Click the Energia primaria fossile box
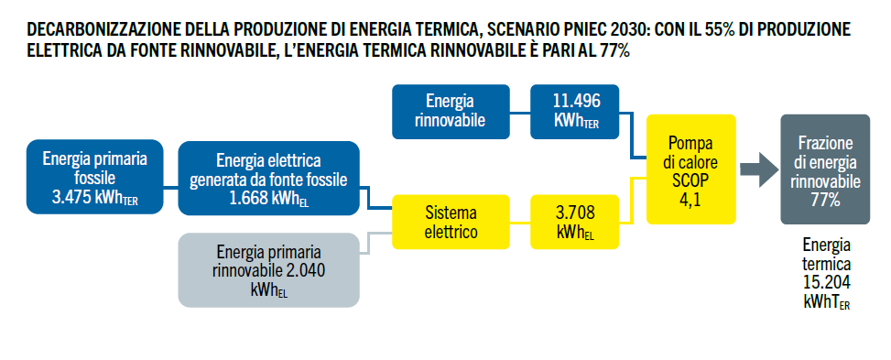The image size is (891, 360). (95, 177)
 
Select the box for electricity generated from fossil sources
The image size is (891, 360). (269, 178)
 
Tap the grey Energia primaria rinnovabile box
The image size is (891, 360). (269, 270)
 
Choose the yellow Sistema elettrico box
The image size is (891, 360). (451, 222)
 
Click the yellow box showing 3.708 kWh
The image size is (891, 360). (574, 222)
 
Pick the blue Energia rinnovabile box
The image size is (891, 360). (451, 112)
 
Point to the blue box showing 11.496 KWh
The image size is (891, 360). (574, 112)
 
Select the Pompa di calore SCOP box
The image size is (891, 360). (691, 169)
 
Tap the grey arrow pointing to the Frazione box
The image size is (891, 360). (759, 169)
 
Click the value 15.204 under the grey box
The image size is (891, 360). (827, 283)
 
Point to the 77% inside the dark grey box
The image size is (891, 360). (825, 201)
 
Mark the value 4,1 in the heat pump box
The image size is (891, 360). (690, 201)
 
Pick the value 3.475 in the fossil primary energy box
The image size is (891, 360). (71, 197)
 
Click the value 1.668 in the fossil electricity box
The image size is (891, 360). (248, 199)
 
